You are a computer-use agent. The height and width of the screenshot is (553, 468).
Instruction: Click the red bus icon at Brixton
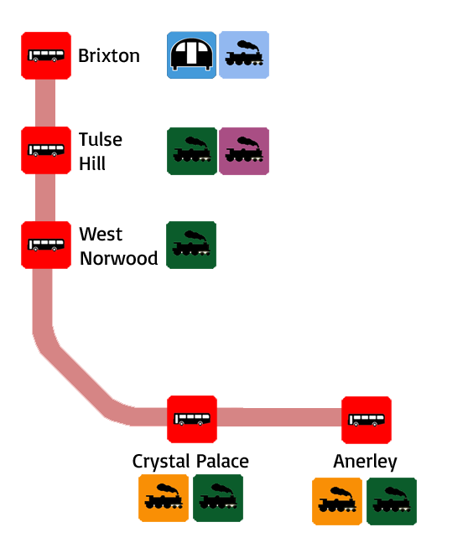46,55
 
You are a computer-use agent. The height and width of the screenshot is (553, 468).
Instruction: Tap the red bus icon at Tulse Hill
46,150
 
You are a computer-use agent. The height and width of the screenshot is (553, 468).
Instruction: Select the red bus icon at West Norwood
46,245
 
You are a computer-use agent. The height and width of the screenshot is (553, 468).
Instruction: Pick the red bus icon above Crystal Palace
192,419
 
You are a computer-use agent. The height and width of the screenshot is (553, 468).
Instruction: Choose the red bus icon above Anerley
367,420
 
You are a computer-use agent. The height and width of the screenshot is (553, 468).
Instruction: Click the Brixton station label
109,56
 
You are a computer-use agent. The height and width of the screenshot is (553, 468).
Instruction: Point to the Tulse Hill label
101,152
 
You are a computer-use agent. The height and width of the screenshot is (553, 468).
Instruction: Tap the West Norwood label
118,246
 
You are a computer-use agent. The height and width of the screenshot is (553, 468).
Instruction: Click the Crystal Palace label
190,462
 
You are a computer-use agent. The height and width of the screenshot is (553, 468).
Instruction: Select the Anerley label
366,462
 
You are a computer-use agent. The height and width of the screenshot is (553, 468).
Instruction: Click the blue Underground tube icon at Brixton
192,55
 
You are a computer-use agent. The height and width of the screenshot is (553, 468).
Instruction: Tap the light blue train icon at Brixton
244,54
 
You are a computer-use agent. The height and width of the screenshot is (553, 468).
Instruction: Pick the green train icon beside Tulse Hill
192,151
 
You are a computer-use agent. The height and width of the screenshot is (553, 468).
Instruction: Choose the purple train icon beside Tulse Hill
244,151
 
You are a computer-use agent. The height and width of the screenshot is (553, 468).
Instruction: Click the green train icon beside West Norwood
191,245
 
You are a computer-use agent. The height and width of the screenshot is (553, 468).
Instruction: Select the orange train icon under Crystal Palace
164,498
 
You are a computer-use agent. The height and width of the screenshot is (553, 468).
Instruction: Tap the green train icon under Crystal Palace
218,498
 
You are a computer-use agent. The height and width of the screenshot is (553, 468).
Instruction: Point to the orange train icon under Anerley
337,501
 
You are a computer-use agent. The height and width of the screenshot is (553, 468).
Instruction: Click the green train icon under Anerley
392,501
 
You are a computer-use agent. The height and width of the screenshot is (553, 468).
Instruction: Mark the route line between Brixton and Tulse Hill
45,103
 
